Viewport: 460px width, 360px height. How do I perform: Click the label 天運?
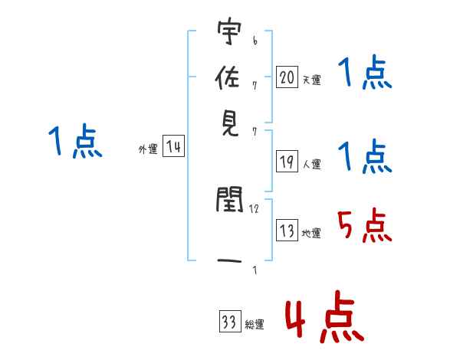(311, 80)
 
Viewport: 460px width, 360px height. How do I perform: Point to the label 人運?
(311, 164)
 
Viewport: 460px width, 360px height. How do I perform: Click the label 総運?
(254, 325)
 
